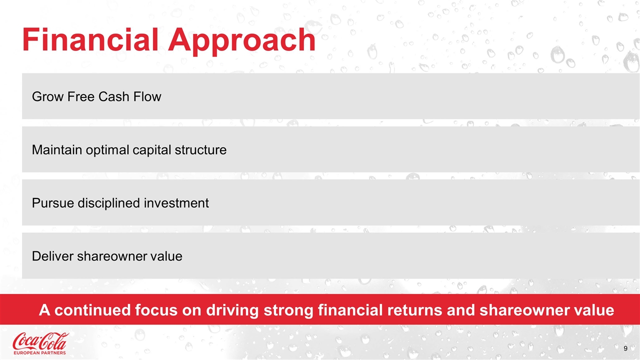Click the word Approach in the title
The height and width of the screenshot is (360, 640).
pyautogui.click(x=241, y=41)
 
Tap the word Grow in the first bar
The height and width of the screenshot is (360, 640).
pyautogui.click(x=47, y=96)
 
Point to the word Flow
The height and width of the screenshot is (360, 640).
pyautogui.click(x=147, y=96)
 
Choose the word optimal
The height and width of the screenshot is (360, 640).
pyautogui.click(x=107, y=151)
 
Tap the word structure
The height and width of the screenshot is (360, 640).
pyautogui.click(x=200, y=150)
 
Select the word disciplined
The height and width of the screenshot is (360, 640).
pyautogui.click(x=109, y=204)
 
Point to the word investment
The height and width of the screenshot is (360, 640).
pyautogui.click(x=176, y=203)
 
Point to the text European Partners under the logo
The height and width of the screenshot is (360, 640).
pyautogui.click(x=39, y=353)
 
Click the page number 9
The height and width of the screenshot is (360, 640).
pyautogui.click(x=625, y=348)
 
